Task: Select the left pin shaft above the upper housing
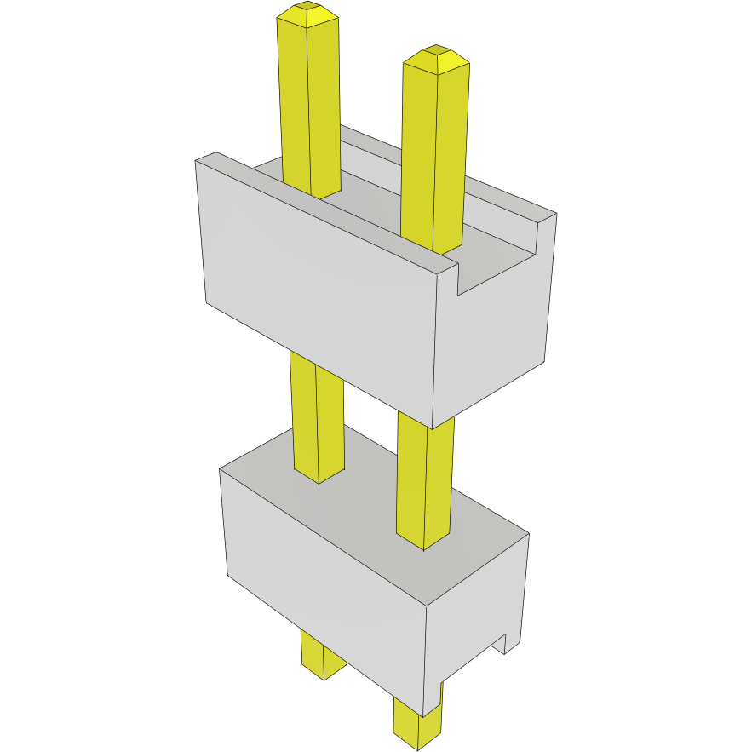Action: tap(309, 102)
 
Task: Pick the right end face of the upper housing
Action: tap(494, 341)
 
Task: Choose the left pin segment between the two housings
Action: tap(318, 417)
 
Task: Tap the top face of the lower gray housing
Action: tap(366, 511)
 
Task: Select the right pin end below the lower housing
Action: tap(418, 724)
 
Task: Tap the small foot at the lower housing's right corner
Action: tap(512, 642)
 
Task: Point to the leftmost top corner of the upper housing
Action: tap(198, 160)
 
